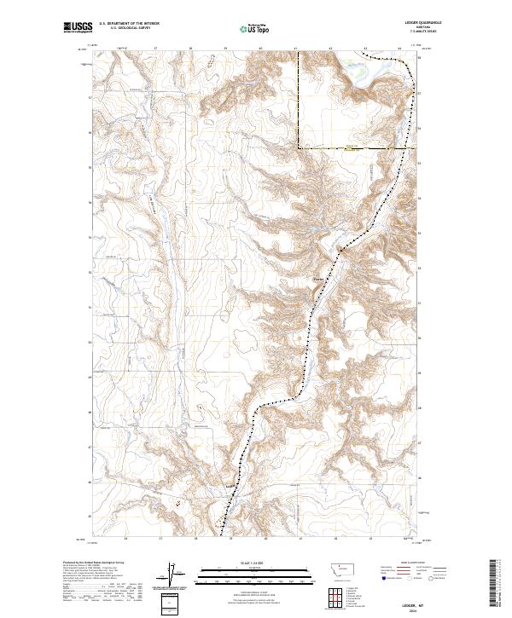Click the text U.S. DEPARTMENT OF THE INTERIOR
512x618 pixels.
128,24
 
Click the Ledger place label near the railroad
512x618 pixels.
229,487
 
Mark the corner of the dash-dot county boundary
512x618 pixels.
299,147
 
